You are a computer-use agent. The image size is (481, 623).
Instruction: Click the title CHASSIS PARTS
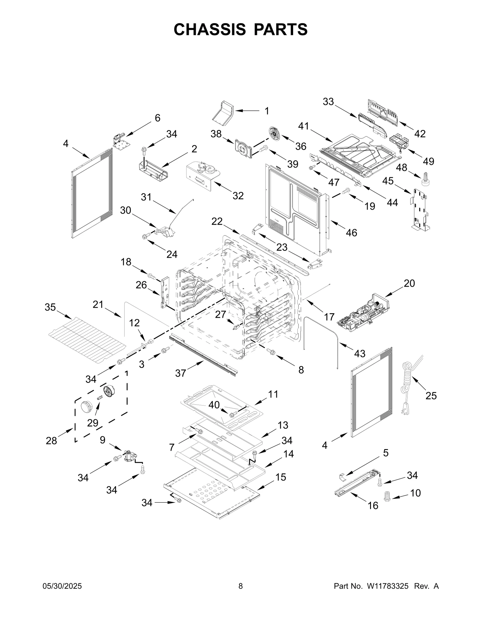240,29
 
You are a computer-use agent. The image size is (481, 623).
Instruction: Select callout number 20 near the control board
409,283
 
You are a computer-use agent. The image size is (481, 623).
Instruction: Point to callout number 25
431,396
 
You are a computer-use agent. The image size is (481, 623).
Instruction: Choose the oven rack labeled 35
87,339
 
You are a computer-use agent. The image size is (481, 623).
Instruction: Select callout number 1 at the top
267,111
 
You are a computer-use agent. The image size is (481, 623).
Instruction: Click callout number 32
238,196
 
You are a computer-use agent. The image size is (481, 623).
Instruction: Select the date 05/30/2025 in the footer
62,586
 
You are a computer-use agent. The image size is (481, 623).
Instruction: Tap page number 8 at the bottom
240,586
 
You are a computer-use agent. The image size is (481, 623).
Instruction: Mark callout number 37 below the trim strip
181,373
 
